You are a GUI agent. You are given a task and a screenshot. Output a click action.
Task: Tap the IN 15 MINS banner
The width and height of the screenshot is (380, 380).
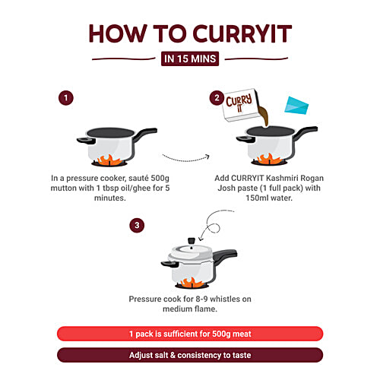[x=190, y=58]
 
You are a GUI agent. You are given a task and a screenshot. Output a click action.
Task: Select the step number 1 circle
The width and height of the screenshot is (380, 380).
[x=67, y=98]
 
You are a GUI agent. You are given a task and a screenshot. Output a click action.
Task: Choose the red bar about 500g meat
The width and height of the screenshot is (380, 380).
[x=190, y=333]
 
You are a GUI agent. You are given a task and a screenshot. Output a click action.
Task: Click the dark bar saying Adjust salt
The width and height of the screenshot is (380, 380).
[x=190, y=354]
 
